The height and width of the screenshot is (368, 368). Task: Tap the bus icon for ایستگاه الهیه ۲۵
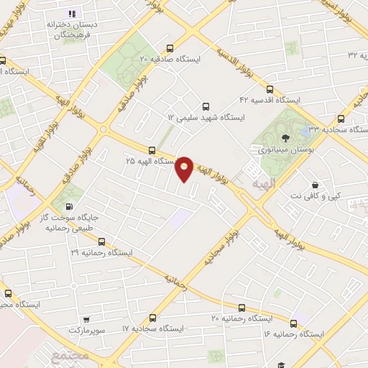pos(152,150)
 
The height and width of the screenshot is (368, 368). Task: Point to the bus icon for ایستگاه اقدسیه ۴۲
pos(270,90)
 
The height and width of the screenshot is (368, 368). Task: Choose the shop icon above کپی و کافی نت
pos(316,184)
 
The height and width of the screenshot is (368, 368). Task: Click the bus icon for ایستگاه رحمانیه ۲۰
pos(241,306)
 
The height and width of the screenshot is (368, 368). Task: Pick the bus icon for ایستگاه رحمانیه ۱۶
pos(293,323)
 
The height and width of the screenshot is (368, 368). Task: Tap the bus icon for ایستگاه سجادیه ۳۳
pos(340,119)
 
